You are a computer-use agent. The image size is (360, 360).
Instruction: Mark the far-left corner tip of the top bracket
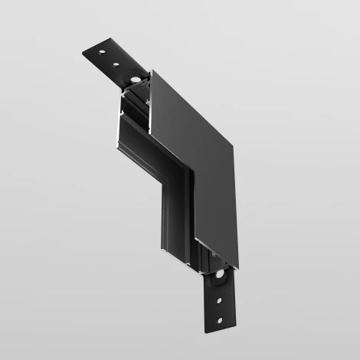point(82,54)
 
